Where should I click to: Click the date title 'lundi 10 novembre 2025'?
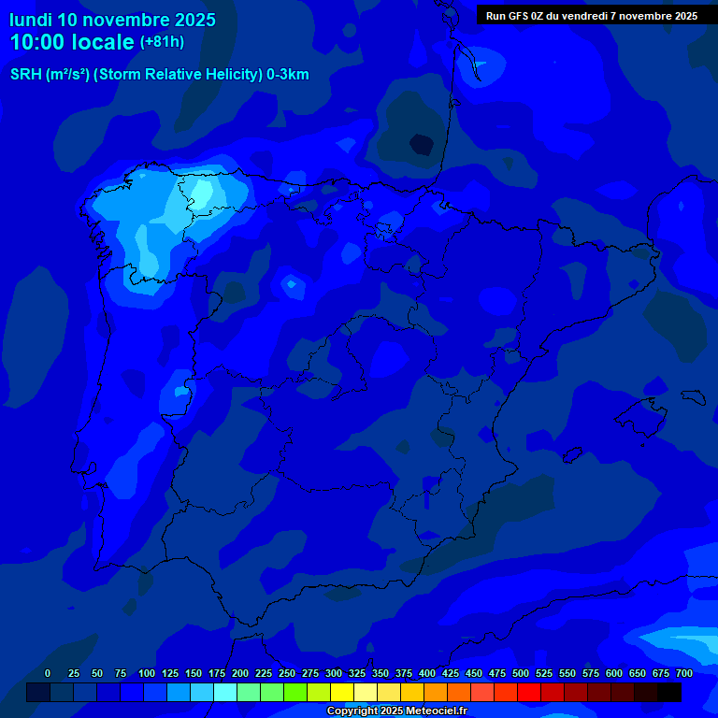tap(112, 20)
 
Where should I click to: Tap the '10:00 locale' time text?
tap(73, 42)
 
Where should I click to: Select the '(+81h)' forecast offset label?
tap(162, 42)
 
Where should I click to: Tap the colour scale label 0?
tap(48, 674)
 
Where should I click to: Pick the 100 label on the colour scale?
tap(147, 674)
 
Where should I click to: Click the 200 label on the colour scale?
tap(240, 674)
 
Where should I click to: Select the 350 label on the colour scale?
tap(381, 674)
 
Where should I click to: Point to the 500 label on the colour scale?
tap(521, 674)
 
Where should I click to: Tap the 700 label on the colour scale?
tap(684, 674)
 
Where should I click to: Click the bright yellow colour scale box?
tap(342, 693)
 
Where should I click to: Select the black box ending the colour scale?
tap(669, 693)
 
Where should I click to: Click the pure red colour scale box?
tap(529, 693)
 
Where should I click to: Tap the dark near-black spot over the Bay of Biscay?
tap(422, 144)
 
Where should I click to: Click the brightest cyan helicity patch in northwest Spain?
tap(200, 192)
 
